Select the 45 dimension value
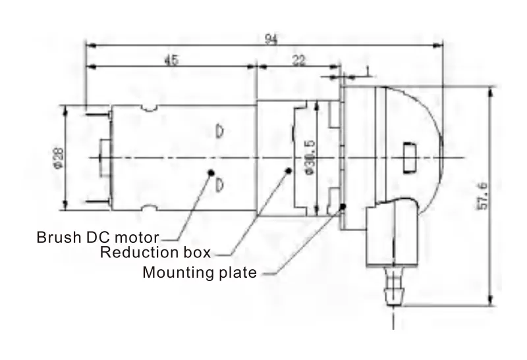point(171,60)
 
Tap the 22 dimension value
point(299,60)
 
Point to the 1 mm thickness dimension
point(366,69)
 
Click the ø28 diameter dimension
point(59,159)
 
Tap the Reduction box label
point(155,253)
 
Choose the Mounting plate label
point(200,272)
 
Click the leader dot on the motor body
point(211,172)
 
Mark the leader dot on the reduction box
point(287,171)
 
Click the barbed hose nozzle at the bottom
point(393,287)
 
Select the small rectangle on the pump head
point(409,157)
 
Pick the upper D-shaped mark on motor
point(220,130)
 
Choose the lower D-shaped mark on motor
point(220,184)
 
